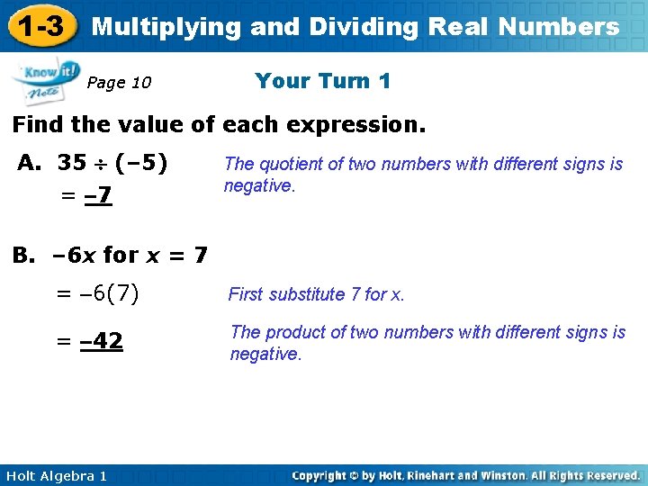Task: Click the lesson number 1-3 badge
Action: [x=39, y=27]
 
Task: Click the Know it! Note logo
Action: [x=45, y=80]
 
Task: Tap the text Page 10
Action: [x=119, y=83]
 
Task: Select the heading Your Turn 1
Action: [x=322, y=81]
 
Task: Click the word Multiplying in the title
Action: [x=167, y=27]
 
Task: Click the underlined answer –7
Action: [x=98, y=195]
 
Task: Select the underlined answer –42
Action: [x=102, y=342]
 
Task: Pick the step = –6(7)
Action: [x=97, y=293]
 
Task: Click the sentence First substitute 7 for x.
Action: [x=317, y=294]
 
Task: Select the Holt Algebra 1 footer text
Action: [x=56, y=475]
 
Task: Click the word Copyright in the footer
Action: [x=322, y=475]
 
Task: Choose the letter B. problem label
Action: [x=24, y=255]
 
